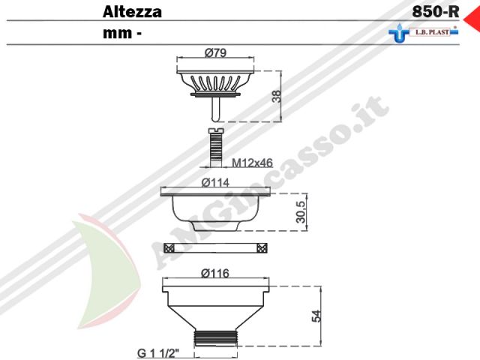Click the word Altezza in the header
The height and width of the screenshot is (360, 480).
[132, 12]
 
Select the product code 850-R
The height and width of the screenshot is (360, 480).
[436, 12]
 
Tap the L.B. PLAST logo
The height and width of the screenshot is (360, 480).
[424, 33]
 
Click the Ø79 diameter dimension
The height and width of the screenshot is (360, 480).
[215, 52]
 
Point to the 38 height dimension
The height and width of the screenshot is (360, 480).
[277, 96]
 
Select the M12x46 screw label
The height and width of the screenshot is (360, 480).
[252, 163]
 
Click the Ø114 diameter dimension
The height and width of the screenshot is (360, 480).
[215, 183]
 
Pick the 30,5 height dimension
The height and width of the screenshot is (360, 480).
[301, 212]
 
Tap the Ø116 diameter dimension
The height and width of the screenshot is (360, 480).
[215, 273]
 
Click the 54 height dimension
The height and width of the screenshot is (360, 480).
[316, 316]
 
